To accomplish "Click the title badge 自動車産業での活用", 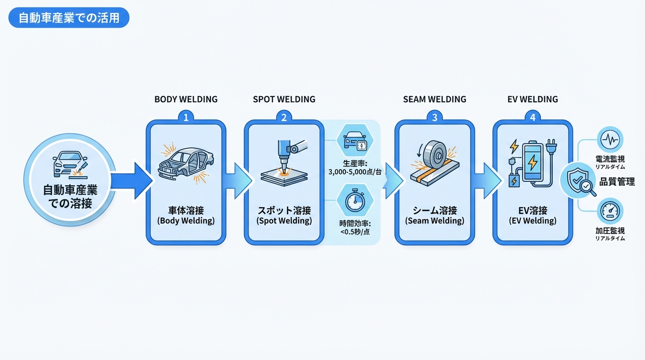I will coord(68,18).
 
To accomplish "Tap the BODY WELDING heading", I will coord(186,99).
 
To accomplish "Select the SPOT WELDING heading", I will coord(284,99).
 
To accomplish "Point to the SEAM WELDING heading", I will coord(435,99).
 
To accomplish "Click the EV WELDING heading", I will coord(532,99).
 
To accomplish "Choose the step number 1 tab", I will coord(186,118).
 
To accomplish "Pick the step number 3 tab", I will coord(435,118).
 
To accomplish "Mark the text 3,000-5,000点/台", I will coord(354,172).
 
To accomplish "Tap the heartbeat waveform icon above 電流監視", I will coord(610,139).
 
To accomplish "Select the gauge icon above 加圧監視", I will coord(610,211).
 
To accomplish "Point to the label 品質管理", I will coord(617,182).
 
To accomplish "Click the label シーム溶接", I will coord(435,210).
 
